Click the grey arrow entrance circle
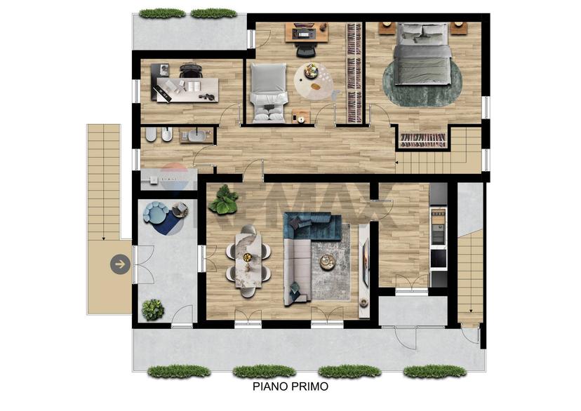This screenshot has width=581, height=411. point(120,264)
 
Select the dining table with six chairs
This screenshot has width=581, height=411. point(248,261)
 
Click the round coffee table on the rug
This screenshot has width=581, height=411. point(328,262)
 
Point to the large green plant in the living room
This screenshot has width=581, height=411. point(223,200)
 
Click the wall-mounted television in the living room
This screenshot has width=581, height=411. point(366,262)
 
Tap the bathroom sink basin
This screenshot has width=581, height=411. point(199,136)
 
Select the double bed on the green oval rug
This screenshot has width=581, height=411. point(422,54)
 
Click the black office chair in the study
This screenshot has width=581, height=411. point(191,70)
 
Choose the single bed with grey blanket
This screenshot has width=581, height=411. point(269,93)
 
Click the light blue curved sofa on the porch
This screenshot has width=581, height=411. point(156,213)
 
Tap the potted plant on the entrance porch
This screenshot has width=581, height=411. point(153,309)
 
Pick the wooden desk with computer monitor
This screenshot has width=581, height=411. point(307,32)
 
